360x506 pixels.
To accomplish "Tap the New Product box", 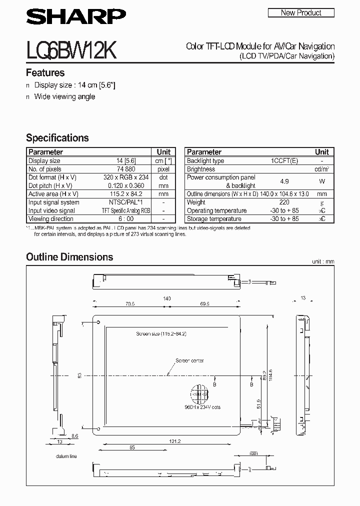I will pyautogui.click(x=301, y=13).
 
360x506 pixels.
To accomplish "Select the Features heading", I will pyautogui.click(x=45, y=73).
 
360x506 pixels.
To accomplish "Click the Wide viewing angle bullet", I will pyautogui.click(x=64, y=96).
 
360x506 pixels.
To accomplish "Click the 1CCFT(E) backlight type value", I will pyautogui.click(x=284, y=161).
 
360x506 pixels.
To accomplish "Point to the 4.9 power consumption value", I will pyautogui.click(x=284, y=181).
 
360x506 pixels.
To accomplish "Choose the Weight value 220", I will pyautogui.click(x=284, y=202).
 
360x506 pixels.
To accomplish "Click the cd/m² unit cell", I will pyautogui.click(x=322, y=169).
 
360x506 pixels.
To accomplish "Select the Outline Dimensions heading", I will pyautogui.click(x=69, y=257).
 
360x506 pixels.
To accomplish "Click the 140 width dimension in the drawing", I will pyautogui.click(x=166, y=298).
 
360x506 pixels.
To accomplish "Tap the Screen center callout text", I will pyautogui.click(x=189, y=360).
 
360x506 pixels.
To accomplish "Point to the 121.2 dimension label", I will pyautogui.click(x=174, y=441).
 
